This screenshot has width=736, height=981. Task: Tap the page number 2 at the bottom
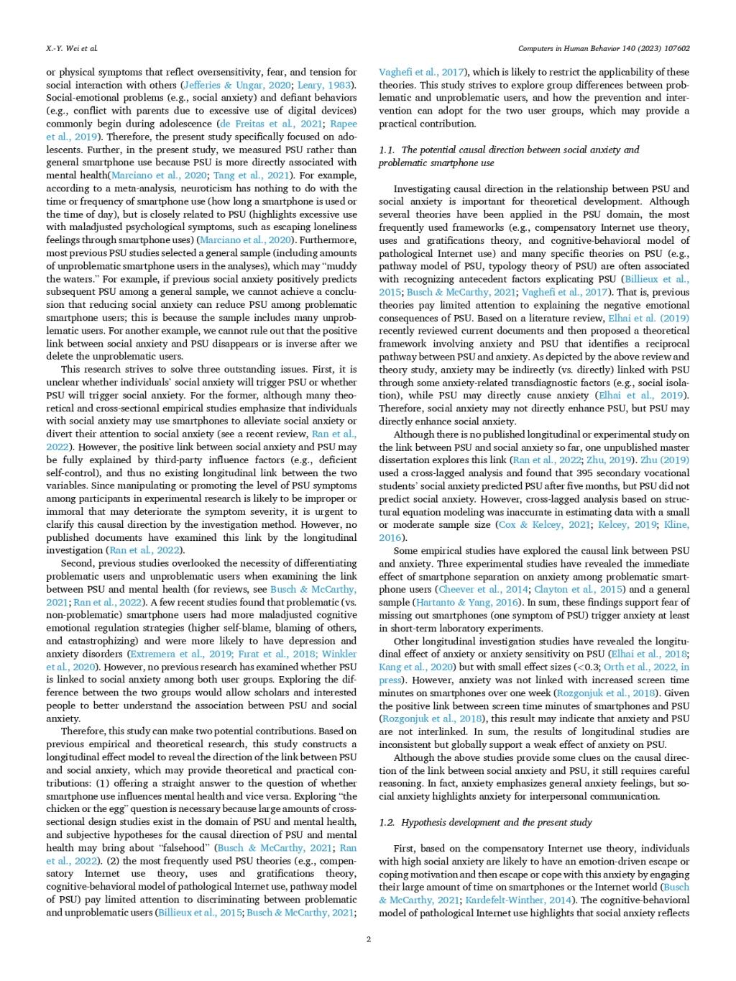coord(368,939)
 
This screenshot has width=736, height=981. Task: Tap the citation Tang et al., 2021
coord(264,175)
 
